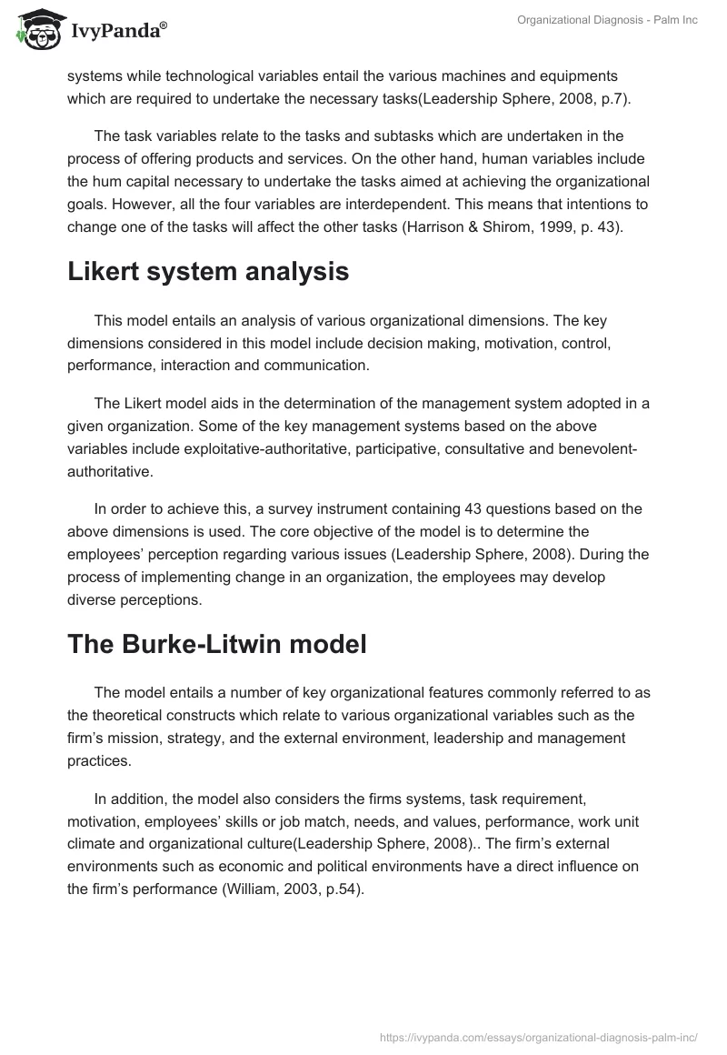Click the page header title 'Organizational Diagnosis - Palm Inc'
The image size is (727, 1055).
pos(607,20)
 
